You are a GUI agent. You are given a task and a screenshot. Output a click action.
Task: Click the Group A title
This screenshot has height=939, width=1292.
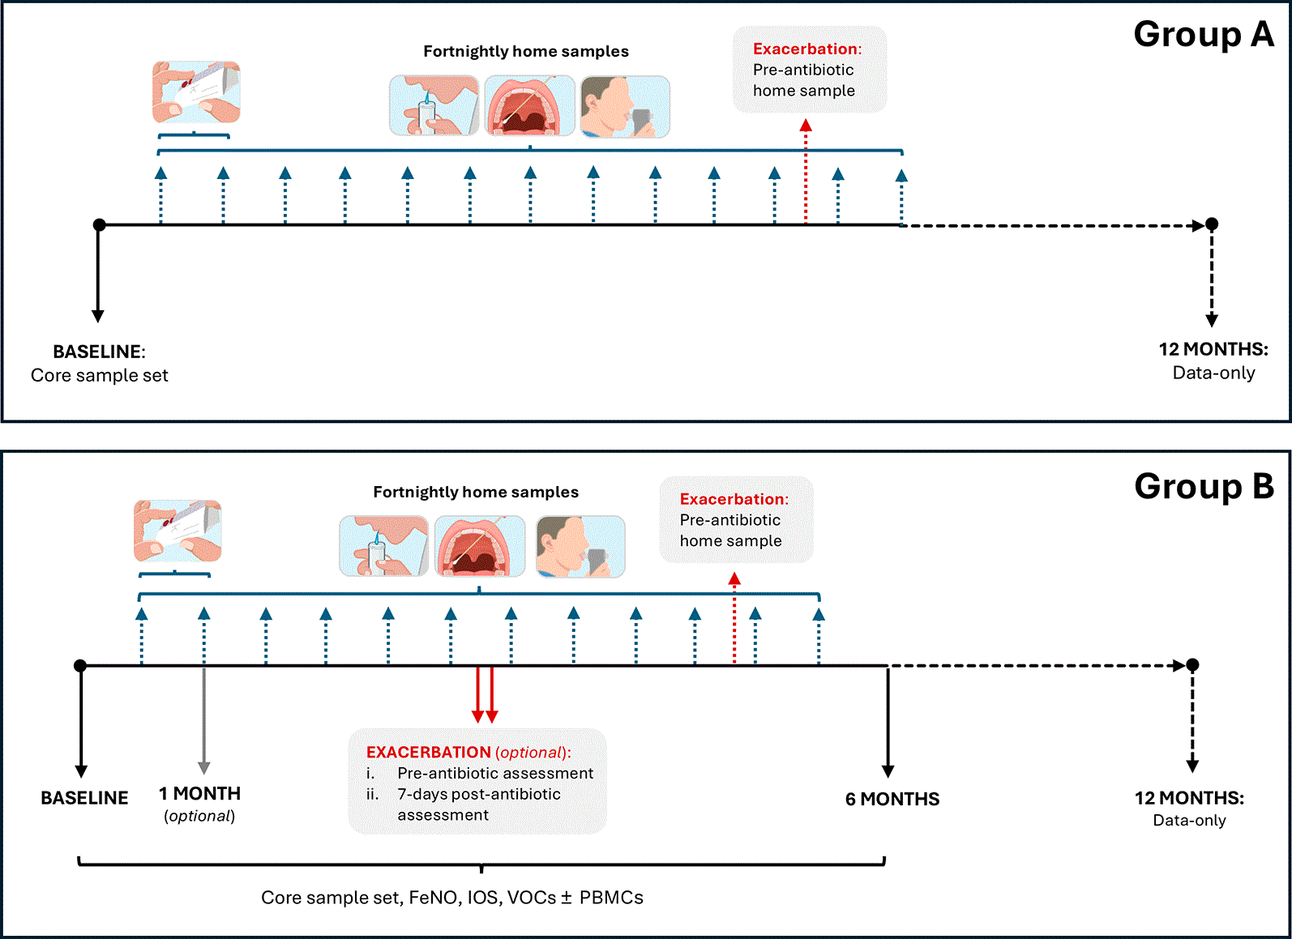pos(1203,35)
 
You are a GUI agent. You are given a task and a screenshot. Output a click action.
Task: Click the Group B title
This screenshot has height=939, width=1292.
pos(1204,486)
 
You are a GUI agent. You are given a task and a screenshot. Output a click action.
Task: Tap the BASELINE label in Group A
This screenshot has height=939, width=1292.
pos(99,352)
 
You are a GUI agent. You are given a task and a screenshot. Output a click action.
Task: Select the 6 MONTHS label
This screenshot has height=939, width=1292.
pos(892,799)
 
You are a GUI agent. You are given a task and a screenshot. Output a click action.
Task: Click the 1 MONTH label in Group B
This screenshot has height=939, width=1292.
pos(199,794)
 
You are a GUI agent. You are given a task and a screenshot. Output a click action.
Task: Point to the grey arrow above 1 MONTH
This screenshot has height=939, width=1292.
pos(203,720)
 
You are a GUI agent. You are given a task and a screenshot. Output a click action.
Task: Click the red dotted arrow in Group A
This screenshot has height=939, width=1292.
pos(806,171)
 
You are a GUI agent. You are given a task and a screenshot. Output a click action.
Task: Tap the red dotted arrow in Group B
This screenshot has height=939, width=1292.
pos(734,618)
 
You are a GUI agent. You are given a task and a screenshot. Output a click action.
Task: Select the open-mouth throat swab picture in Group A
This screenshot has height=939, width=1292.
pos(529,105)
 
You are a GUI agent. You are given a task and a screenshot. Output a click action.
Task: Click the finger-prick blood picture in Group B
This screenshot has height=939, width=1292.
pos(178,531)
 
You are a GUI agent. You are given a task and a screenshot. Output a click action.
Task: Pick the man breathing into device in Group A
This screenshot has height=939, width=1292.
pos(625,107)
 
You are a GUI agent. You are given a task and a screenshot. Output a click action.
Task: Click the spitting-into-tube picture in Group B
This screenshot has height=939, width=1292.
pos(383,546)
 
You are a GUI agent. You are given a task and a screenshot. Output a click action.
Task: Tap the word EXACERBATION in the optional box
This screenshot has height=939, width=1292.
pos(429,752)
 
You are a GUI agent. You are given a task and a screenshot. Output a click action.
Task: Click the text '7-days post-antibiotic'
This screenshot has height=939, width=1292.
pos(479,794)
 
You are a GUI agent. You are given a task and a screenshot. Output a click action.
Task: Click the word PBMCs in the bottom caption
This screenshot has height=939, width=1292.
pos(611,898)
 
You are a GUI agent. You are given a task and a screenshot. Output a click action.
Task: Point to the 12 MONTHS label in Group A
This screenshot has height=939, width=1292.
pos(1213,349)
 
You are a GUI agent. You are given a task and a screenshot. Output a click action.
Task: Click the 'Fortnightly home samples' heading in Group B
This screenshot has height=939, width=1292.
pos(476,493)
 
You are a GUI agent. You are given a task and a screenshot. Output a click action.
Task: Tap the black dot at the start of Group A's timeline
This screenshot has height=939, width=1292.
pos(99,224)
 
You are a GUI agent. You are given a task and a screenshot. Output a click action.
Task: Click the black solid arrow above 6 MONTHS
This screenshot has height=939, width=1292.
pos(888,722)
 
